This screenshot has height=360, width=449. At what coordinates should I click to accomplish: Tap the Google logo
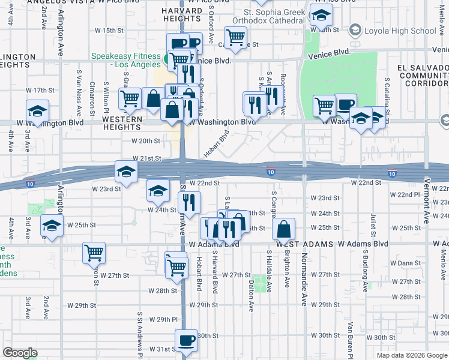pyautogui.click(x=20, y=353)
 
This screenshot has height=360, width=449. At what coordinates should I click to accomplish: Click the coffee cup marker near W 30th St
pyautogui.click(x=185, y=340)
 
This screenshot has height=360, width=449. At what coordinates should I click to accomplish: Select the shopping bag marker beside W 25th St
pyautogui.click(x=283, y=229)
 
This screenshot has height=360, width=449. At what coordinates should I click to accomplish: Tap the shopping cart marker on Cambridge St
pyautogui.click(x=236, y=37)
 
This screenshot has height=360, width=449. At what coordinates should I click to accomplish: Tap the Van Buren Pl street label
pyautogui.click(x=349, y=337)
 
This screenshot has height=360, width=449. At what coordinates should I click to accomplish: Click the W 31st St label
pyautogui.click(x=161, y=349)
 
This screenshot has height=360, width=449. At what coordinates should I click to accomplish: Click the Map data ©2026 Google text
pyautogui.click(x=411, y=355)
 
